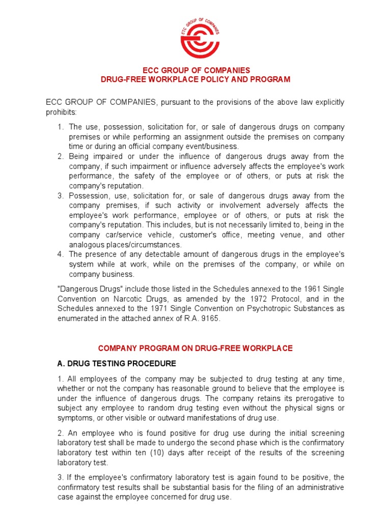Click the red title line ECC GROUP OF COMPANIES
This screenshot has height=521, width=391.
pyautogui.click(x=195, y=70)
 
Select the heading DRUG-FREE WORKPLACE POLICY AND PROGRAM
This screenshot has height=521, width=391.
pyautogui.click(x=195, y=79)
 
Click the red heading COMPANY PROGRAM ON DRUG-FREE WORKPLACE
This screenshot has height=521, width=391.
pyautogui.click(x=195, y=348)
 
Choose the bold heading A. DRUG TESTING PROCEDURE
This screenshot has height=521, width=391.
pyautogui.click(x=116, y=363)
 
